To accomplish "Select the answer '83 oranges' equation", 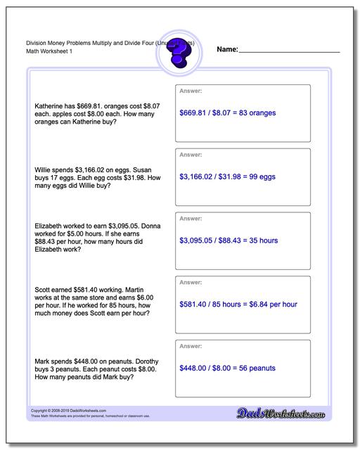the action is [227, 112].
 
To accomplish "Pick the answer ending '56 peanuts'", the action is [227, 368].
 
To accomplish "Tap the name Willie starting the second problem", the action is [44, 169].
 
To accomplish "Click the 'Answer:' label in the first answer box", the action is [191, 91].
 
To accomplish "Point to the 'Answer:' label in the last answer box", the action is [191, 347].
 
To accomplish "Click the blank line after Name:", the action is [289, 51].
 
